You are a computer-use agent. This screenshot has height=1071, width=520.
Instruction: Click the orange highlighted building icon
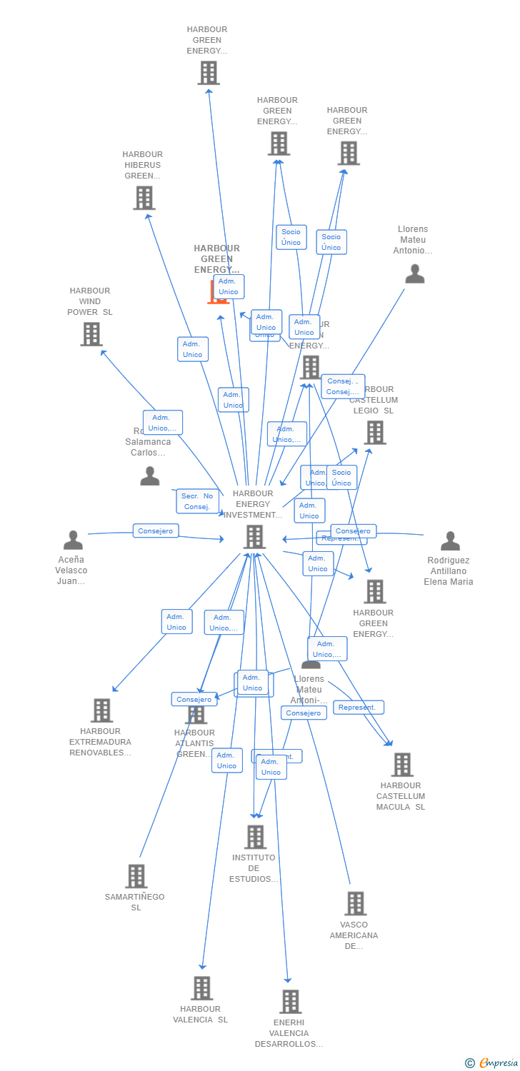click(x=217, y=293)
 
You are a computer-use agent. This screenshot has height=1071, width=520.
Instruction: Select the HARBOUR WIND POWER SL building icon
click(x=91, y=334)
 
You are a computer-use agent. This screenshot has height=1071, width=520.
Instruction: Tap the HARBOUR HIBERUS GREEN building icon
click(x=144, y=198)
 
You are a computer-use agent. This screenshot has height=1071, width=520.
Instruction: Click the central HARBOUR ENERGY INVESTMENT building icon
click(x=254, y=537)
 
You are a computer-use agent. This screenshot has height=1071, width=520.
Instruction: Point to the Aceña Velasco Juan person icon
click(x=73, y=540)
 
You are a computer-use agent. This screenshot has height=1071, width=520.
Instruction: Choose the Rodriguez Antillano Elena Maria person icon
click(x=450, y=541)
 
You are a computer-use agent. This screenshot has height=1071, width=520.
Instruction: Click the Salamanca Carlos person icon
click(x=149, y=476)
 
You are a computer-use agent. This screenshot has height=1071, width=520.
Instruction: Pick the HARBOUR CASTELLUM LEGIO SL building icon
click(x=375, y=433)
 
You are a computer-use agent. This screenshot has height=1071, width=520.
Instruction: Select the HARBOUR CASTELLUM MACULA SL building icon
click(x=401, y=765)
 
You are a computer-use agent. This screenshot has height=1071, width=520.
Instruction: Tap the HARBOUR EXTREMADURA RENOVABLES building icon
click(x=101, y=710)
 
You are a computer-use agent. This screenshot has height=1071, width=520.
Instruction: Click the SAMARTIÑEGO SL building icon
click(x=136, y=876)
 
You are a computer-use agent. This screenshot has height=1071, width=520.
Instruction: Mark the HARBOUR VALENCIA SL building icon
click(x=201, y=988)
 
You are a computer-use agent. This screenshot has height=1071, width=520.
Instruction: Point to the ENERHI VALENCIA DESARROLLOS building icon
click(x=290, y=1002)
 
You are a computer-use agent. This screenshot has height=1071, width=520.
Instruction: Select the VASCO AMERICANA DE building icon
click(x=355, y=904)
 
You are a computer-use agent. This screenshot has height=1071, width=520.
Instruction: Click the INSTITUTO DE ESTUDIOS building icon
click(x=254, y=837)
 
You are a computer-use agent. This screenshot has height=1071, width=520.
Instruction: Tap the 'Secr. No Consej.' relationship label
click(x=197, y=501)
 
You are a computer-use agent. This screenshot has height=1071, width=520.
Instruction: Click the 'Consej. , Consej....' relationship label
click(x=343, y=386)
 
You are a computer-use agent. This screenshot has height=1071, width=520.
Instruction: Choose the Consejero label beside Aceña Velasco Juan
click(x=156, y=531)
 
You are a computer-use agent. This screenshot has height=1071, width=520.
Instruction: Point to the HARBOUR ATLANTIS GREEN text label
click(x=194, y=743)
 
